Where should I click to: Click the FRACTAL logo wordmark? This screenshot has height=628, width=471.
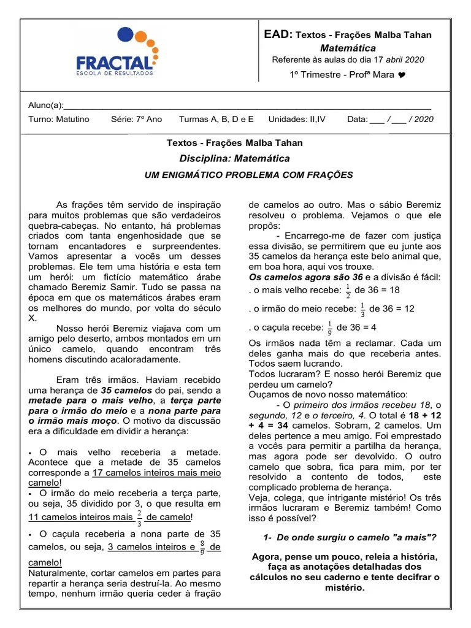pos(115,63)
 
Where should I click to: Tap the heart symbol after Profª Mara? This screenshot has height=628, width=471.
pos(401,75)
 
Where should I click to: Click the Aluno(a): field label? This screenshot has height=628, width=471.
pos(46,105)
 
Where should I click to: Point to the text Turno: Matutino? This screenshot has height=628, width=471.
pos(59,119)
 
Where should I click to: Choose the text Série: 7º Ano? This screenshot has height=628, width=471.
pos(136,119)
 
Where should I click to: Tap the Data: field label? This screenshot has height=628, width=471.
pos(358,119)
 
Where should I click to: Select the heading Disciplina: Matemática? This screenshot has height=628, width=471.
pos(234,159)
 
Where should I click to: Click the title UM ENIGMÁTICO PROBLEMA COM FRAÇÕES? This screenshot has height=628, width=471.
pos(248,175)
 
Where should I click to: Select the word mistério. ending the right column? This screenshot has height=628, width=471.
pos(344,588)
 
